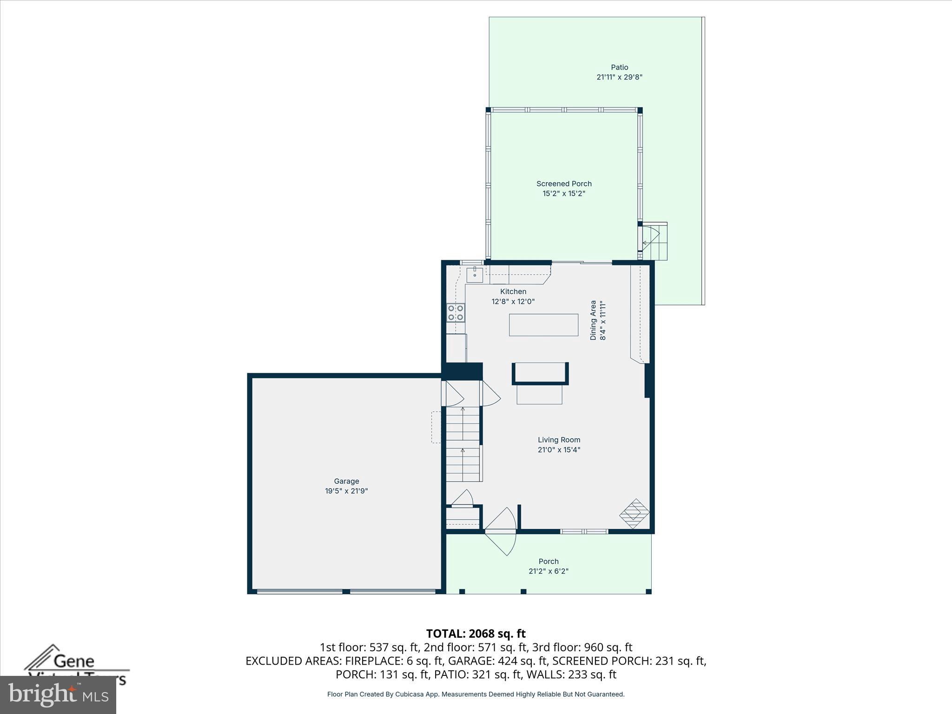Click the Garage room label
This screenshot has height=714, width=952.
346,481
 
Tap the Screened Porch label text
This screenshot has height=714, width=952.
564,184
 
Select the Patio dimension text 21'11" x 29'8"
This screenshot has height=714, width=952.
619,77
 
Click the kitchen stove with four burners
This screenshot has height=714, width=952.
456,312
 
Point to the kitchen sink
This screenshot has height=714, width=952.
475,275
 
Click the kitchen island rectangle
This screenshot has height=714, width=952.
543,325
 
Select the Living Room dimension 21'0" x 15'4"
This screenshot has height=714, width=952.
559,450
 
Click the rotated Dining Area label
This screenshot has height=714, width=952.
593,320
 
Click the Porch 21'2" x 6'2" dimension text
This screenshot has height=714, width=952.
549,571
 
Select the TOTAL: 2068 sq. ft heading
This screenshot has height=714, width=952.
476,634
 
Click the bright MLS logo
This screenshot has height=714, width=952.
58,695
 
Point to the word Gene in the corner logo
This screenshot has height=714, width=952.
74,661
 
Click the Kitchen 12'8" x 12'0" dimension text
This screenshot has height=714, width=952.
513,301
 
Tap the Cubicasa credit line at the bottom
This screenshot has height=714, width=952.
476,694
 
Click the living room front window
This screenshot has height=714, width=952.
584,531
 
